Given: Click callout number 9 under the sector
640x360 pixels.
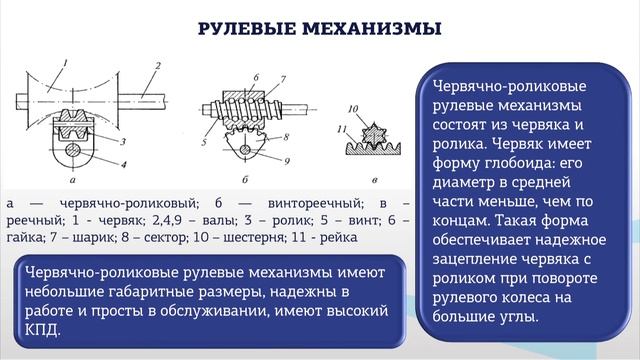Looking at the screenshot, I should [287, 159].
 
